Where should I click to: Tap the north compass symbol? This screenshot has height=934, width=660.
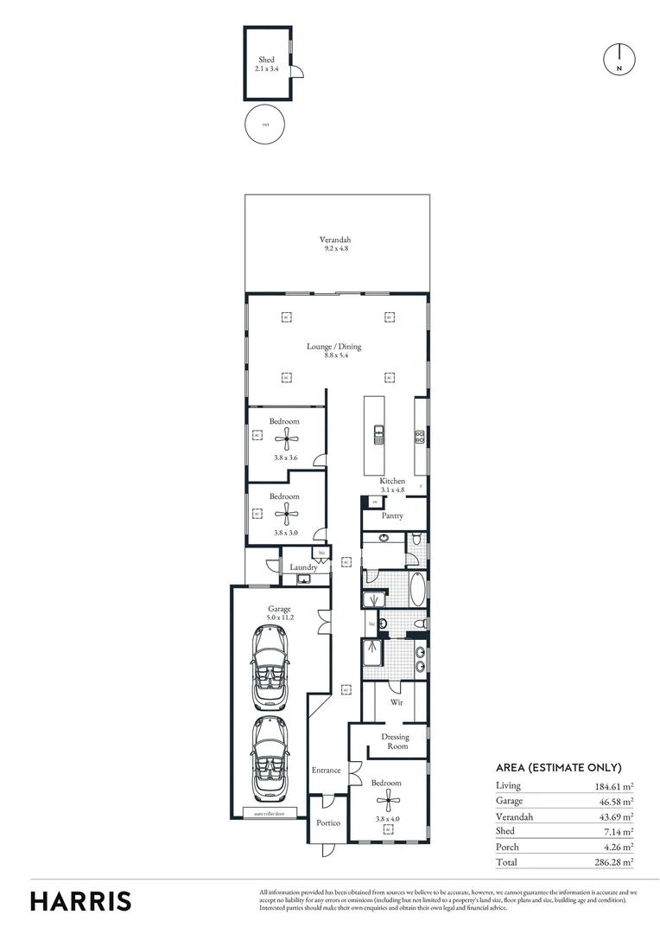pyautogui.click(x=619, y=58)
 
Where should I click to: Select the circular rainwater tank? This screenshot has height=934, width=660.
pyautogui.click(x=266, y=125)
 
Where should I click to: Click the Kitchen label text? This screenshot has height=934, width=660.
pyautogui.click(x=393, y=481)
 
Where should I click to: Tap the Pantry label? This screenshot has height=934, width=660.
pyautogui.click(x=393, y=515)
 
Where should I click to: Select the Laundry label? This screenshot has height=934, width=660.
pyautogui.click(x=303, y=567)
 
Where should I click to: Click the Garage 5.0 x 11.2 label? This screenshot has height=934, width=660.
pyautogui.click(x=279, y=613)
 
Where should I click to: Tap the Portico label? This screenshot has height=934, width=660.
pyautogui.click(x=327, y=823)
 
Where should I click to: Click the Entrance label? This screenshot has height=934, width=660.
pyautogui.click(x=325, y=770)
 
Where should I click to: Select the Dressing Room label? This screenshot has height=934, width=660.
pyautogui.click(x=395, y=741)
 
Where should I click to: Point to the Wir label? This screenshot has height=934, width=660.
pyautogui.click(x=397, y=703)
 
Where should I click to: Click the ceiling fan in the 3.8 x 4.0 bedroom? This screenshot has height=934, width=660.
pyautogui.click(x=388, y=799)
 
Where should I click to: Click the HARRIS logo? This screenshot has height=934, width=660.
pyautogui.click(x=81, y=900)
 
